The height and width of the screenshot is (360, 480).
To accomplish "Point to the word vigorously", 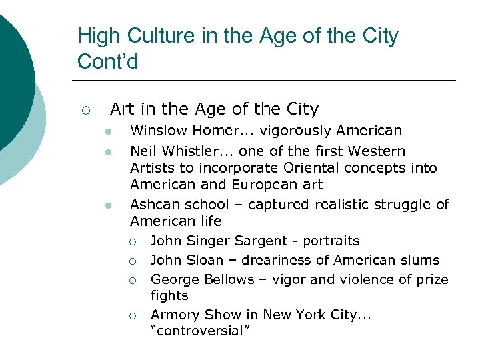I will (x=295, y=131).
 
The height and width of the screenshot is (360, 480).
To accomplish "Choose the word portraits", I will (x=331, y=241).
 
